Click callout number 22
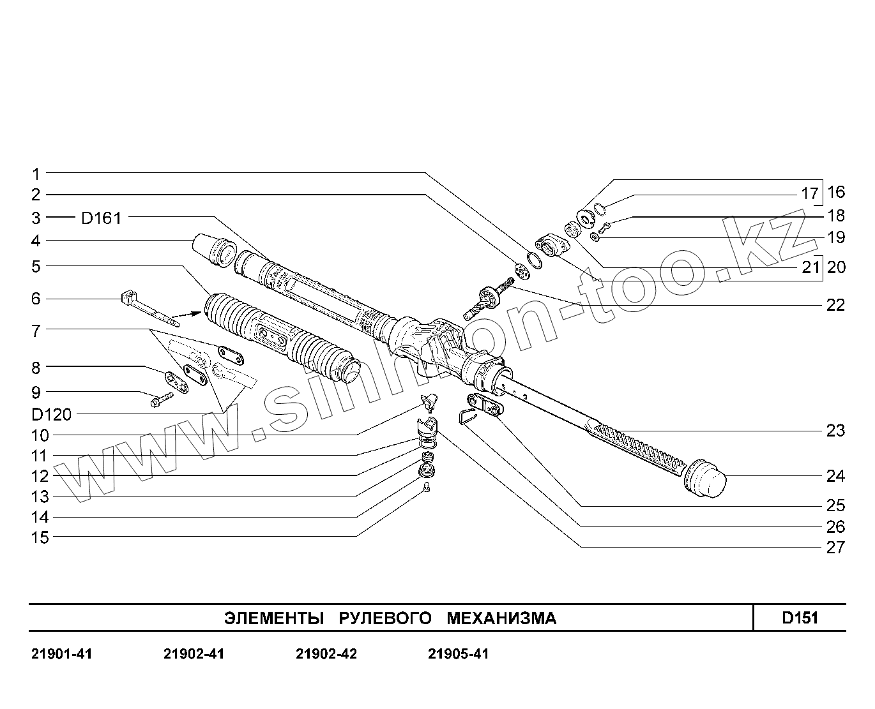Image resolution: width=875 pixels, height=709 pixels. coord(835,305)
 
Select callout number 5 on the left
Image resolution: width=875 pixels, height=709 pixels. coord(36,266)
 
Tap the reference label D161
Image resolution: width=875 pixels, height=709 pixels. coord(101,218)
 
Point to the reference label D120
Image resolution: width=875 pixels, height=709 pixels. coord(52,415)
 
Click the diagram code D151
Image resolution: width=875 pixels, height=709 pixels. coord(800,617)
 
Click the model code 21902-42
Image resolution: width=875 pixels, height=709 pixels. coord(326,654)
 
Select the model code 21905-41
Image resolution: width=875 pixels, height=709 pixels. coord(459,654)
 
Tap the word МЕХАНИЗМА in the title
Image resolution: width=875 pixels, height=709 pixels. coord(501,618)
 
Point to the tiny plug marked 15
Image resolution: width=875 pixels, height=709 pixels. coord(427,489)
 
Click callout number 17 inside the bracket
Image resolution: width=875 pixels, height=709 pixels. coord(809,193)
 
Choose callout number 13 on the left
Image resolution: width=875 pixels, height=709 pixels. coord(40,496)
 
